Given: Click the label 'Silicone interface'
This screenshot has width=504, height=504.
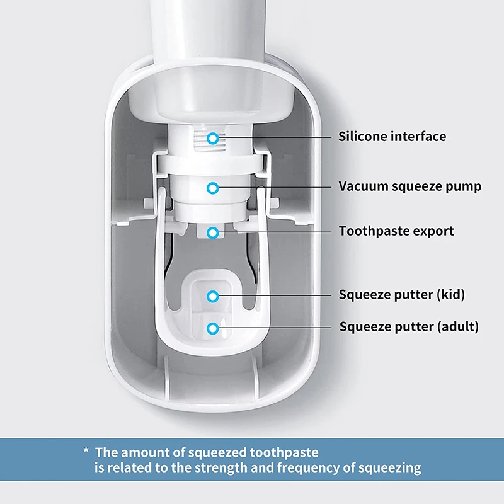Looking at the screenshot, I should coord(392,136).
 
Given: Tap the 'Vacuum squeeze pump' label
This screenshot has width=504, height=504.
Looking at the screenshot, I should coord(409,186).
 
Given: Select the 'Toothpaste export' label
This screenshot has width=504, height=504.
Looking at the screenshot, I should coord(396,231).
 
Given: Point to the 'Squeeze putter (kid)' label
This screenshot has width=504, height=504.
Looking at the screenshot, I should coord(402,294).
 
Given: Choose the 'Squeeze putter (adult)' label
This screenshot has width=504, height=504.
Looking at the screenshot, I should coord(409,327).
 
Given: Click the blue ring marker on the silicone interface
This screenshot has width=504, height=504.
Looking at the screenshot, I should coord(214,137).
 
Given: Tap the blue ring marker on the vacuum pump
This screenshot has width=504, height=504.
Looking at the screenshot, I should coord(214,187).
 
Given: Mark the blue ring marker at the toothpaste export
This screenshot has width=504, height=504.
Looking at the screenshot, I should coord(214,232).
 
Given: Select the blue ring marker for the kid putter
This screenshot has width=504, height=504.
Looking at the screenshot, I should coord(214,295).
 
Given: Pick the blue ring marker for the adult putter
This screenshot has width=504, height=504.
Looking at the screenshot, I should coord(214,328).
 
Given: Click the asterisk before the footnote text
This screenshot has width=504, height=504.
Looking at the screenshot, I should coord(86,451).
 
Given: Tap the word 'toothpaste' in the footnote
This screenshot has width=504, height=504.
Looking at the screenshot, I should coord(283,452).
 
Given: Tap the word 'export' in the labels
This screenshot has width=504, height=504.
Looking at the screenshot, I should coord(433,231).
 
